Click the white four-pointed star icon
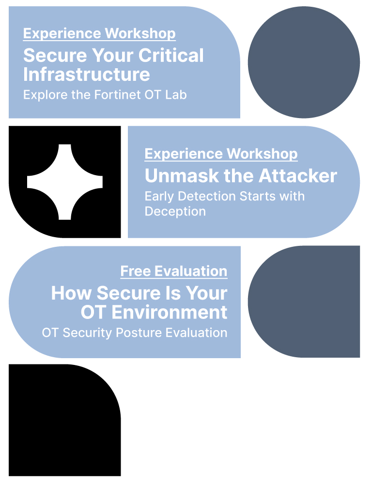point(65,182)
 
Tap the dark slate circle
point(304,62)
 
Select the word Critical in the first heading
point(171,56)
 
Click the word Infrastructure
point(87,75)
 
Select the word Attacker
point(298,176)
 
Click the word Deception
point(175,212)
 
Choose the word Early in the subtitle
point(159,197)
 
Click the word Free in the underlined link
point(136,272)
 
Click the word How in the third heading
point(71,293)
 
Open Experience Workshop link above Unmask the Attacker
point(221,154)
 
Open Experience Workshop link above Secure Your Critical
point(99,34)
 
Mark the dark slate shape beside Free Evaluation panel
point(304,302)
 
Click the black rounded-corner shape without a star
point(64,420)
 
